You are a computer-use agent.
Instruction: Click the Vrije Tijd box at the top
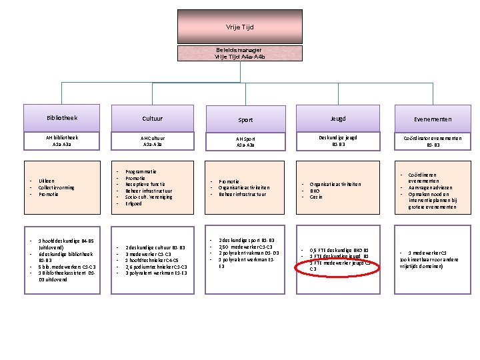(239, 27)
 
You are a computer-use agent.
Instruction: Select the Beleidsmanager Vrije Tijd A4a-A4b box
(239, 53)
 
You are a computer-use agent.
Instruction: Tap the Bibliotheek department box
(62, 118)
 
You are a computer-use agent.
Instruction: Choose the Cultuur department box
(152, 118)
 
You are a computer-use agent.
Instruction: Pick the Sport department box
(245, 120)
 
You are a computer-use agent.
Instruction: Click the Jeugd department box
(338, 118)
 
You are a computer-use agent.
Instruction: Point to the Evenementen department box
(431, 119)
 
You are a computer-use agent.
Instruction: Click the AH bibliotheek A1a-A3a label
(62, 140)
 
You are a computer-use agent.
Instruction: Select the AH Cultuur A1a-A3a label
(152, 140)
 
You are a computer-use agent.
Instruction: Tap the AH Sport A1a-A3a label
(245, 141)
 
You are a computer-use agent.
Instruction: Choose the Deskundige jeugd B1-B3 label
(338, 140)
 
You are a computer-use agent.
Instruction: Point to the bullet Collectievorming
(57, 187)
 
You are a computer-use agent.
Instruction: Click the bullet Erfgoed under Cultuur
(133, 203)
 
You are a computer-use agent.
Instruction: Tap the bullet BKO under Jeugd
(315, 191)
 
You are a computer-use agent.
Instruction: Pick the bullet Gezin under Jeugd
(315, 197)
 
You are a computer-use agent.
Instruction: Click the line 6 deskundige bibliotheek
(65, 254)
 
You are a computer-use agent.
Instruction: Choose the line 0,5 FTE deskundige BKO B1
(339, 249)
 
